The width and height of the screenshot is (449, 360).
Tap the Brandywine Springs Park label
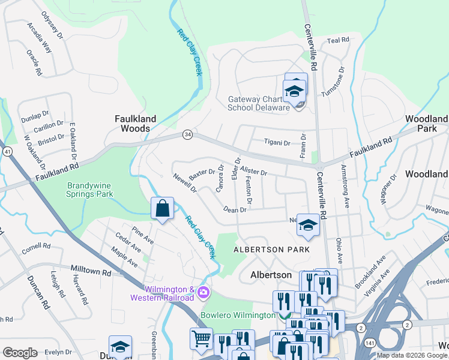(89, 190)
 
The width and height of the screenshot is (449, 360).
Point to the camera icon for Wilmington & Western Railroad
(203, 292)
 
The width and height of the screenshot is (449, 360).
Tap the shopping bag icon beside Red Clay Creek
(162, 209)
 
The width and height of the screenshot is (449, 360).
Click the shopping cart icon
(201, 338)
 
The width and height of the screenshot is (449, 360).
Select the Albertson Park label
(271, 249)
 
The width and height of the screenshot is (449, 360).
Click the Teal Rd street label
(337, 40)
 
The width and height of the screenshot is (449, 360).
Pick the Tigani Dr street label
(277, 143)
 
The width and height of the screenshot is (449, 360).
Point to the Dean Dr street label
(235, 209)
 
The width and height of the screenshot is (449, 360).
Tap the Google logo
(20, 352)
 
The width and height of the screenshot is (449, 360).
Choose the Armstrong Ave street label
(345, 186)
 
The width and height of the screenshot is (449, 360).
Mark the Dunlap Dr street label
(34, 115)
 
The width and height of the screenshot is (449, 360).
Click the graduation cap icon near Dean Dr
(308, 226)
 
